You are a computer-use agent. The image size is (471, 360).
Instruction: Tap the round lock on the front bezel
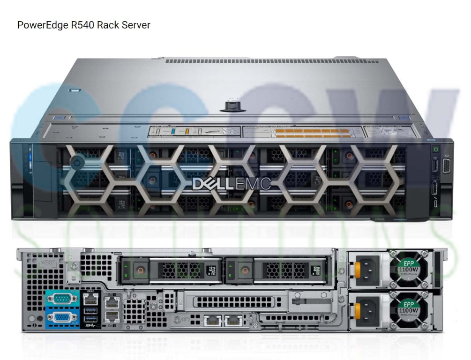tap(77, 162)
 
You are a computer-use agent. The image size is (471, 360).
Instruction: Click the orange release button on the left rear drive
tap(138, 270)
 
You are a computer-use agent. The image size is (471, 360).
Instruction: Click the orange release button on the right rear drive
tap(243, 270)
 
